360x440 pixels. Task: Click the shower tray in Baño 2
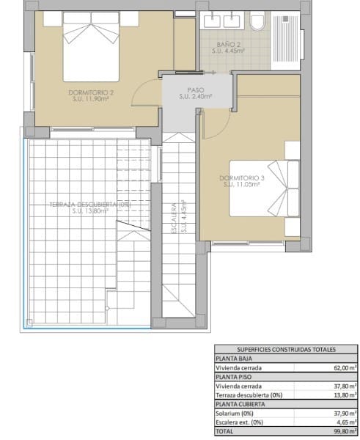point(285,40)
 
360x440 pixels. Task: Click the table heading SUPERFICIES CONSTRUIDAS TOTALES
point(285,351)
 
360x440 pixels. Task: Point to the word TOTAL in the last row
point(224,433)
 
